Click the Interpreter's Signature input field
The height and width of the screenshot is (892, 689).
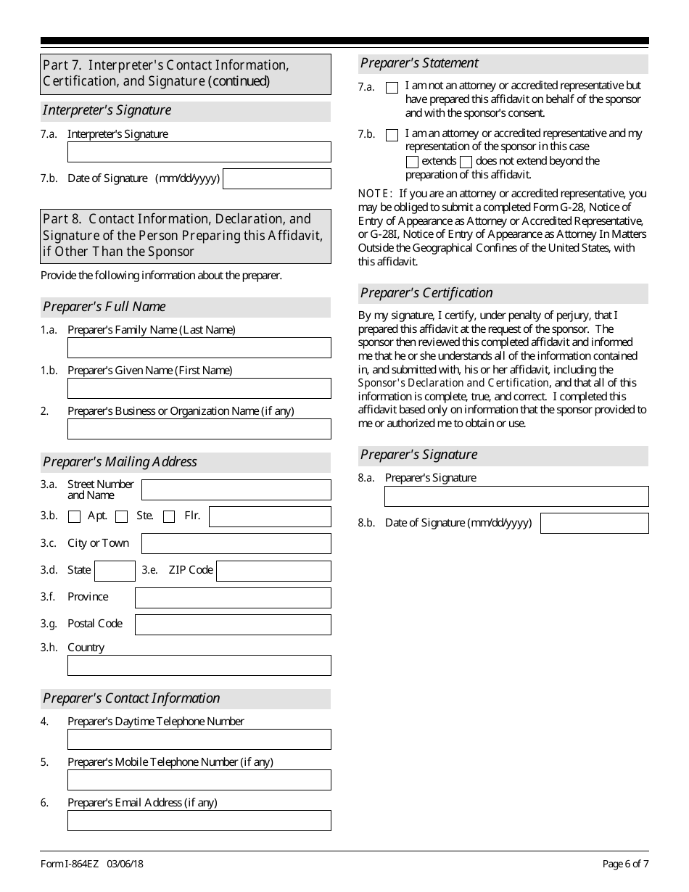pyautogui.click(x=199, y=152)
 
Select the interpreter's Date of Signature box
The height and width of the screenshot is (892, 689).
pyautogui.click(x=276, y=178)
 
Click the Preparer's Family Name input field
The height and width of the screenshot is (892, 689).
pyautogui.click(x=199, y=347)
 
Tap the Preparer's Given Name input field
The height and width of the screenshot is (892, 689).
pyautogui.click(x=199, y=388)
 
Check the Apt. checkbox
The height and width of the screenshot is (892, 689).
pyautogui.click(x=74, y=516)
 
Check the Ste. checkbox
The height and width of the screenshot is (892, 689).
pyautogui.click(x=122, y=516)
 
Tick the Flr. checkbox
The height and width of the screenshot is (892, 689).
pyautogui.click(x=169, y=516)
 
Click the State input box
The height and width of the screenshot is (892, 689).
pyautogui.click(x=115, y=571)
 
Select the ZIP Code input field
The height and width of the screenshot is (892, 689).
pyautogui.click(x=273, y=571)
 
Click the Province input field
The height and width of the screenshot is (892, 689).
pyautogui.click(x=233, y=598)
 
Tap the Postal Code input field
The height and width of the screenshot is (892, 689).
pyautogui.click(x=233, y=624)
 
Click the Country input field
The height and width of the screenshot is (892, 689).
pyautogui.click(x=199, y=665)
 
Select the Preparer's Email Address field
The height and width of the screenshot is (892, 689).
pyautogui.click(x=199, y=820)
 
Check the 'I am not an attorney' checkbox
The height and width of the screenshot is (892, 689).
pyautogui.click(x=392, y=88)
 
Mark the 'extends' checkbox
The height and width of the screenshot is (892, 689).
pyautogui.click(x=412, y=162)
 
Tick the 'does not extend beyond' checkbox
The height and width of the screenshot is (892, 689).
pyautogui.click(x=466, y=162)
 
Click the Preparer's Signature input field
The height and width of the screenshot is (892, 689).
pyautogui.click(x=516, y=496)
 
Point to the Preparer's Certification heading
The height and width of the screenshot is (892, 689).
pyautogui.click(x=426, y=293)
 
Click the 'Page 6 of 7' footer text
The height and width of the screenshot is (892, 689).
pyautogui.click(x=625, y=864)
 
